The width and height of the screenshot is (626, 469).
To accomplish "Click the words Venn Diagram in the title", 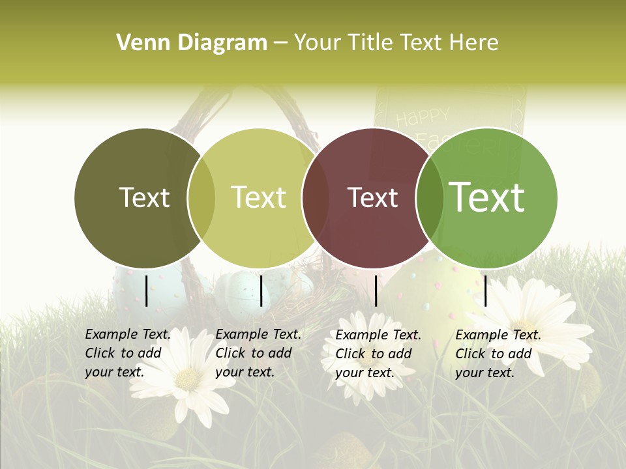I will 191,43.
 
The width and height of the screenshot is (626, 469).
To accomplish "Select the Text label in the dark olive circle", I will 144,198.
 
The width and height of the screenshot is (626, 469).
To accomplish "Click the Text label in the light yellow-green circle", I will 258,198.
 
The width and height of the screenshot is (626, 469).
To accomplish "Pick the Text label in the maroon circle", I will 372,198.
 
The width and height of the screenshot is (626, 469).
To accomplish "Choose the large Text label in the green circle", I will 486,197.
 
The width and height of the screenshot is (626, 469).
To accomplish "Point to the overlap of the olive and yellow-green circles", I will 201,198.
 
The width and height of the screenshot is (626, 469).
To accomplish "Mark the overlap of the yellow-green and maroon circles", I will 316,198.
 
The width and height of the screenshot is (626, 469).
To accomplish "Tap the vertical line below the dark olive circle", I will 146,291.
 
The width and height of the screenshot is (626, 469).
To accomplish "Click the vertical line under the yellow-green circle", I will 261,291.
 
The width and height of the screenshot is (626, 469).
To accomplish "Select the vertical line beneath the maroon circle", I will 376,291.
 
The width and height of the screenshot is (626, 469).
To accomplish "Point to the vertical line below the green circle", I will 485,291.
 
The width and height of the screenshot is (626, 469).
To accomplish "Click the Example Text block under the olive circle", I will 128,353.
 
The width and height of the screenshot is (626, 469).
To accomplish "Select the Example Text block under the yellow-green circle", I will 258,353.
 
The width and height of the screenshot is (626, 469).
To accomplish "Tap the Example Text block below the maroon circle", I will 378,354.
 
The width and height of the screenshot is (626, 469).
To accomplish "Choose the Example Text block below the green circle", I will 498,354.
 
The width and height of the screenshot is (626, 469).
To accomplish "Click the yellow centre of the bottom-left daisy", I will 188,380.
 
